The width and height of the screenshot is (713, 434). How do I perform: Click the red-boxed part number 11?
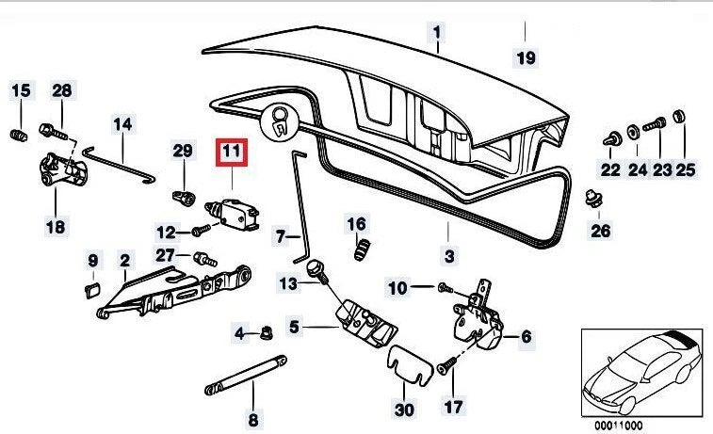click(x=231, y=151)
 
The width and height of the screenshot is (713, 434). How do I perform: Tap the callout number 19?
click(x=526, y=57)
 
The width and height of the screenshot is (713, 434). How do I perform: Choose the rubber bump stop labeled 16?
click(x=358, y=250)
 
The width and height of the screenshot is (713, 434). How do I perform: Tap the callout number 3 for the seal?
click(x=449, y=255)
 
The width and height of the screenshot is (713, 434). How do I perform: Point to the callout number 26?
click(x=600, y=230)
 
